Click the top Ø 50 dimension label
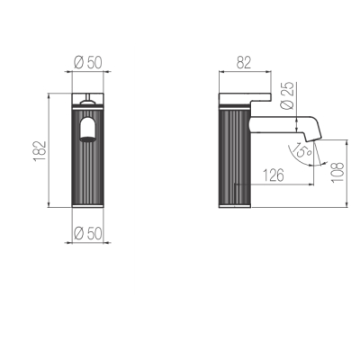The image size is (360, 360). coord(88,63)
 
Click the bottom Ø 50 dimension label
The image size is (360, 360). coord(88,233)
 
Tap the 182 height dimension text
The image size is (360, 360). coord(40,150)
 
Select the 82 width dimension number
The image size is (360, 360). coord(244,63)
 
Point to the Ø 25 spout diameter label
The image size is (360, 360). coord(286,96)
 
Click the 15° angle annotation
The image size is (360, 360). coord(301,150)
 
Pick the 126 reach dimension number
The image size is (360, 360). coord(274,175)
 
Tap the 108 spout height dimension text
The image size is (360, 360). coord(337,172)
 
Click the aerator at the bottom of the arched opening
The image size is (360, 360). coord(88,139)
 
